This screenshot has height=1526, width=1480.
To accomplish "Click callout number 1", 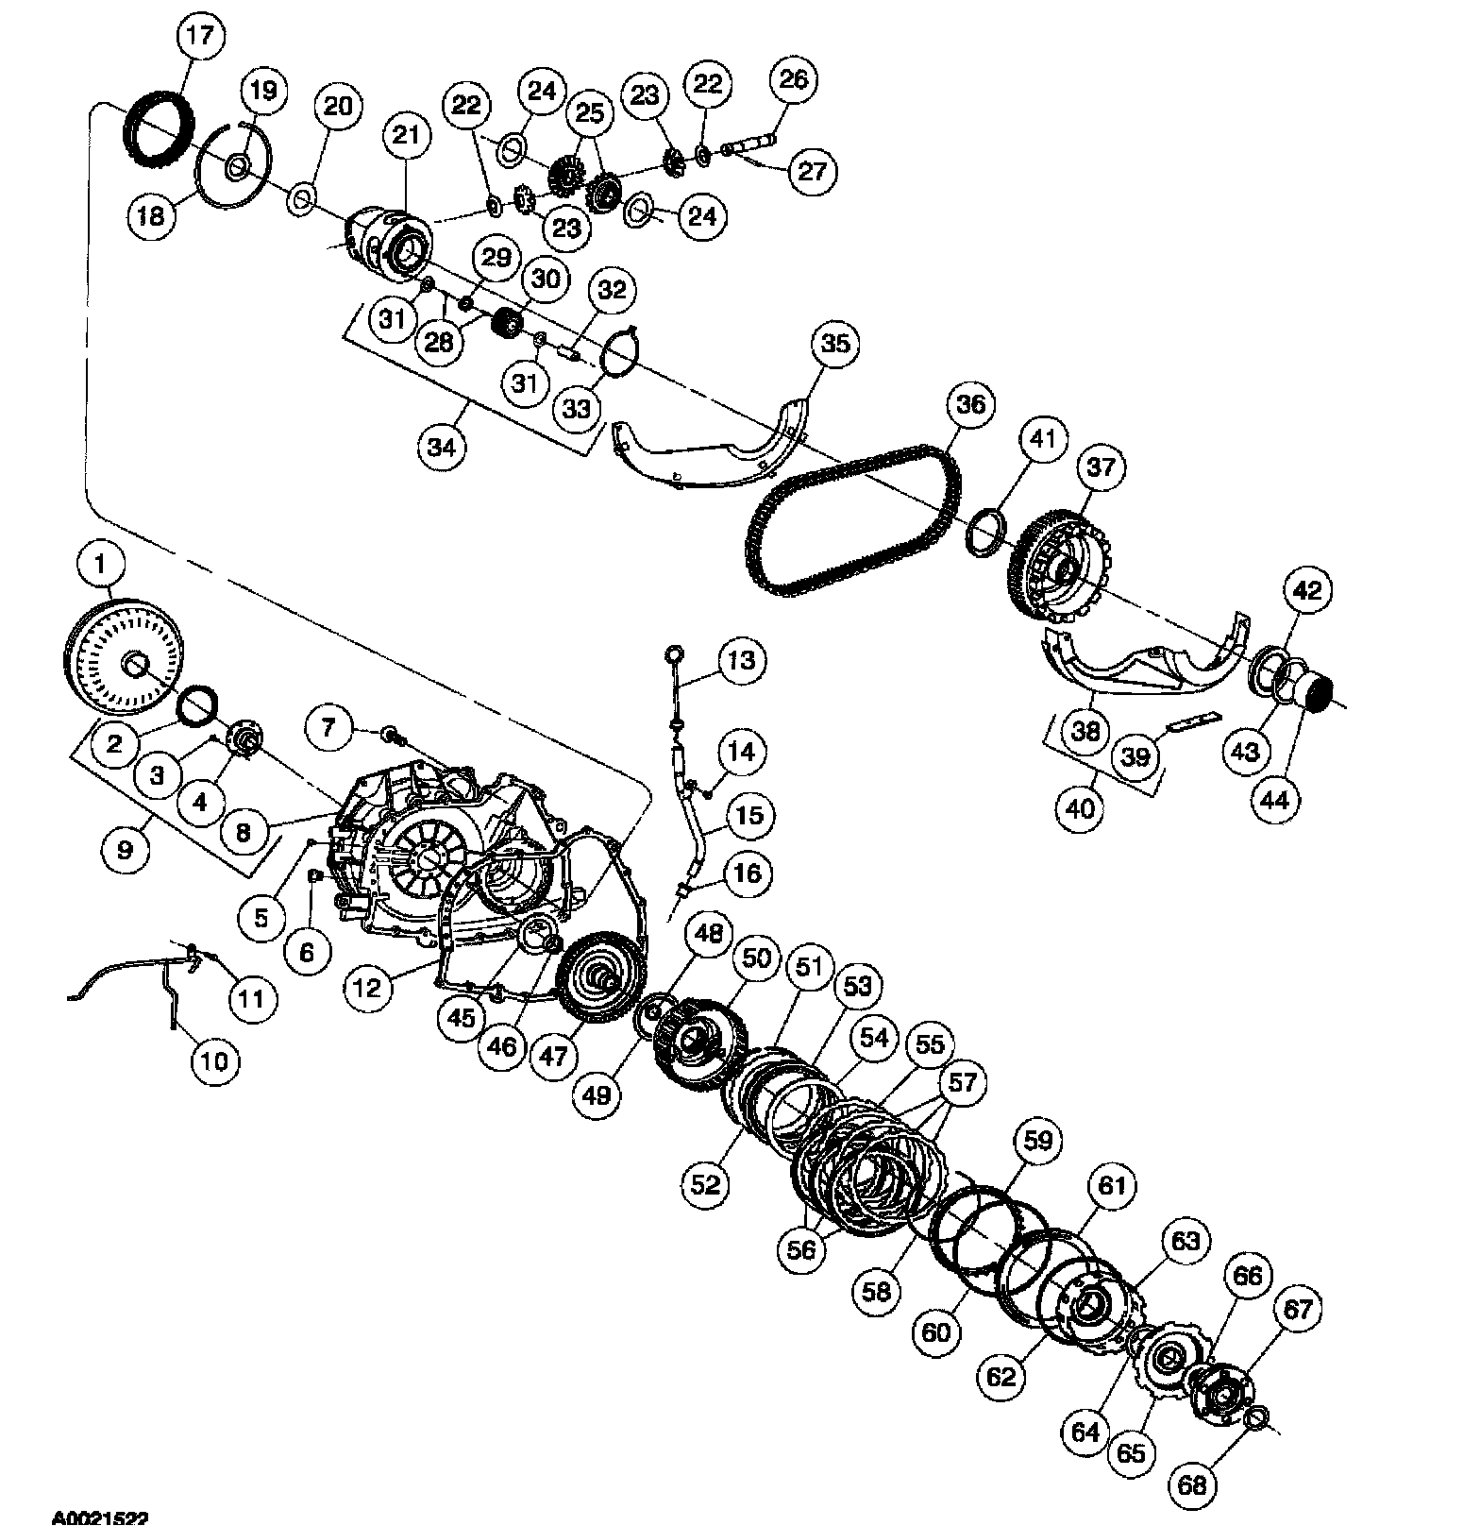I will [x=99, y=566].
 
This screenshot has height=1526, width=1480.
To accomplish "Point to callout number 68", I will [x=1192, y=1485].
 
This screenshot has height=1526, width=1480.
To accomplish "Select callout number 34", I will [x=441, y=447].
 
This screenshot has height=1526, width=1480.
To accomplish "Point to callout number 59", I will [x=1036, y=1141].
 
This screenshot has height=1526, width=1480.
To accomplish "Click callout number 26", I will [x=794, y=79].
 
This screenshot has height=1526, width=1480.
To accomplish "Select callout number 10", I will [x=215, y=1061].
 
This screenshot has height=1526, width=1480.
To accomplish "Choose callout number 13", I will [x=742, y=661].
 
